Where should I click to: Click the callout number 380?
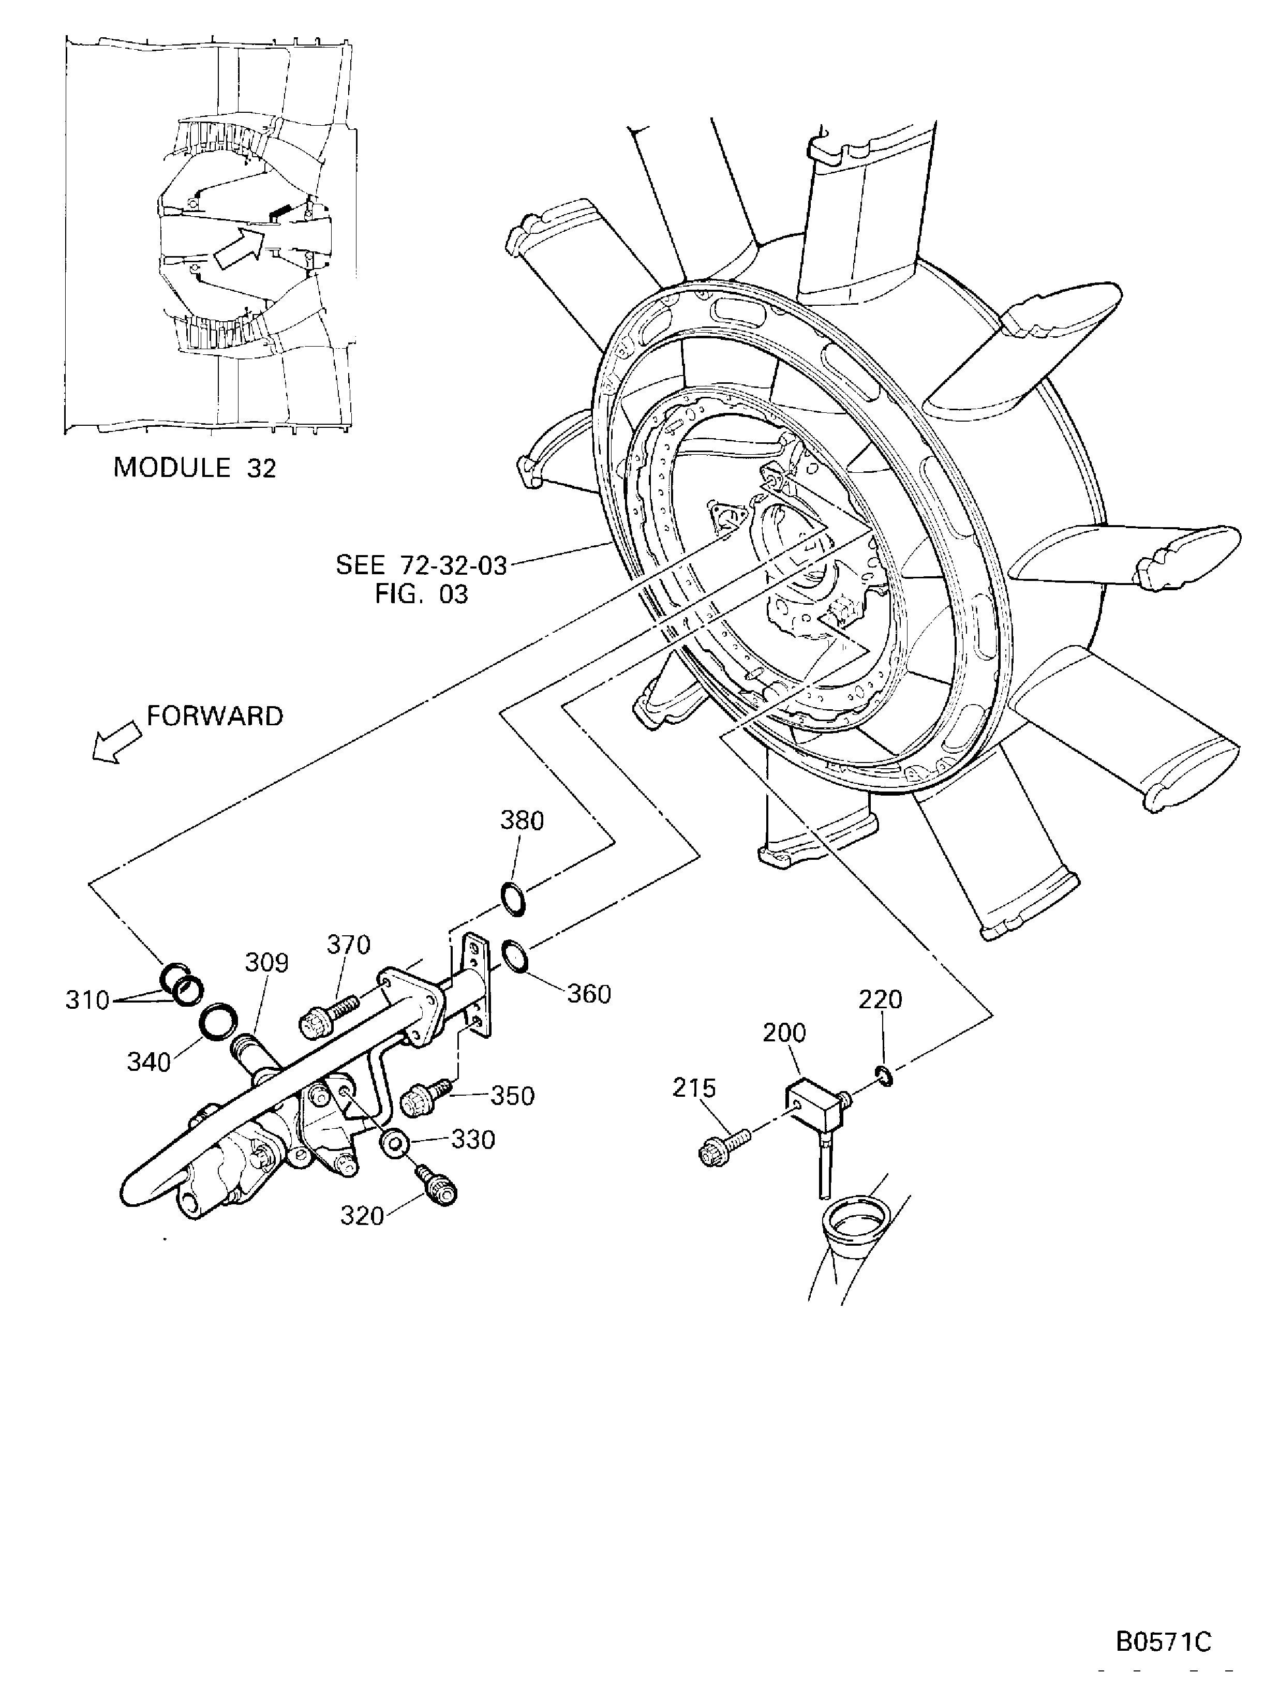pyautogui.click(x=522, y=821)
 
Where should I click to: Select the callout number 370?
pyautogui.click(x=349, y=945)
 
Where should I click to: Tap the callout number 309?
pyautogui.click(x=266, y=963)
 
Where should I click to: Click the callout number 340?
pyautogui.click(x=149, y=1062)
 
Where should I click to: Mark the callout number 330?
pyautogui.click(x=473, y=1140)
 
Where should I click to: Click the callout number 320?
pyautogui.click(x=362, y=1216)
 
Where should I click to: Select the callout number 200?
pyautogui.click(x=784, y=1033)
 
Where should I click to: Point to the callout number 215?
pyautogui.click(x=694, y=1089)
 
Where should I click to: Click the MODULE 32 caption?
pyautogui.click(x=195, y=467)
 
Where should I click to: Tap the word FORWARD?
pyautogui.click(x=215, y=716)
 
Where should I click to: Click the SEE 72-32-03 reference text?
pyautogui.click(x=421, y=565)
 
